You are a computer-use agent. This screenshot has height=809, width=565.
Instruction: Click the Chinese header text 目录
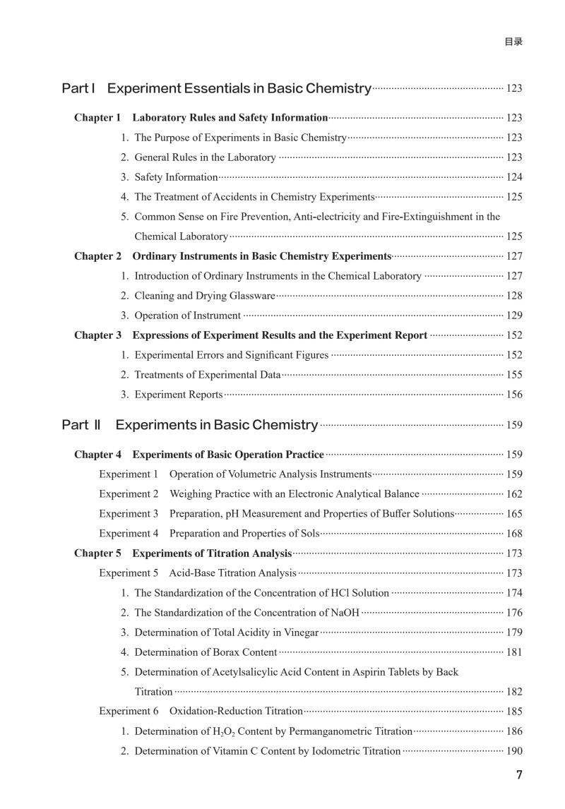[x=513, y=42]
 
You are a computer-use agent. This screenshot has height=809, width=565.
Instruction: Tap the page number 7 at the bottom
[x=519, y=775]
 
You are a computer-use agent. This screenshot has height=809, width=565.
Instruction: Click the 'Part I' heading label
[x=78, y=89]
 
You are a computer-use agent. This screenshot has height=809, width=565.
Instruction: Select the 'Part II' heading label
[x=81, y=425]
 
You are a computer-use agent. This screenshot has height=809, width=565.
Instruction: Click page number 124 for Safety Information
[x=514, y=177]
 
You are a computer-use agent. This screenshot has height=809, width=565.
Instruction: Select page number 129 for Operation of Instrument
[x=514, y=316]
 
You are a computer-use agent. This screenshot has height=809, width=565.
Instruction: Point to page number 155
[x=514, y=375]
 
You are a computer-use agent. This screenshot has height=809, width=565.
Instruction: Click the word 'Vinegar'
[x=300, y=633]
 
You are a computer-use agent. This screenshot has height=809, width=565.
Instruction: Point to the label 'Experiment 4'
[x=129, y=534]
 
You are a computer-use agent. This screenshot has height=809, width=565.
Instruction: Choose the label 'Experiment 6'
[x=129, y=712]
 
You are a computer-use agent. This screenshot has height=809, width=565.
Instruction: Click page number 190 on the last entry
[x=514, y=751]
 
